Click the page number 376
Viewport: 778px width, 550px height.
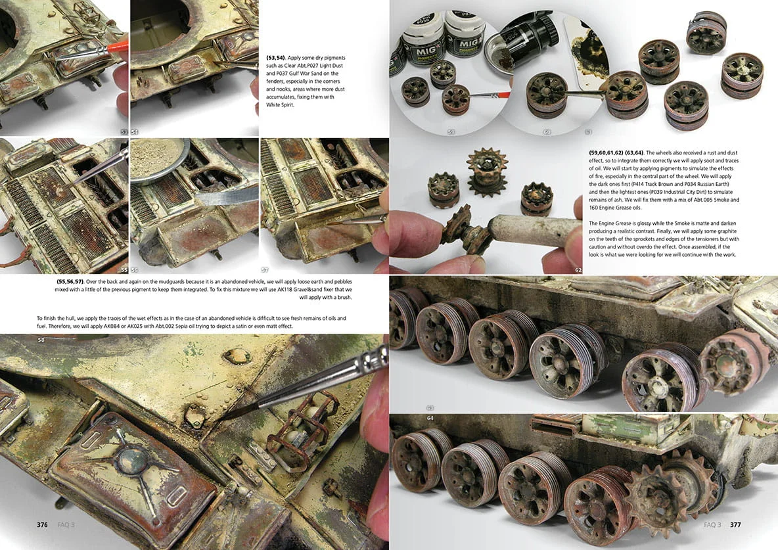click(x=42, y=524)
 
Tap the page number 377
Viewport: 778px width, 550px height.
click(x=735, y=524)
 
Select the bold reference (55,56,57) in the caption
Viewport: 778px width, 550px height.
click(x=70, y=281)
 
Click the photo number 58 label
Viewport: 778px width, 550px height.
click(x=41, y=340)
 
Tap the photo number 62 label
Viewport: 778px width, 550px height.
click(x=578, y=270)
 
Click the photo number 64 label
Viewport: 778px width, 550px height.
click(x=430, y=418)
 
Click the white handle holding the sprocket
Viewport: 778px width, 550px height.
click(x=534, y=231)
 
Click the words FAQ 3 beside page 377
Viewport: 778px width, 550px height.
click(x=712, y=524)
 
